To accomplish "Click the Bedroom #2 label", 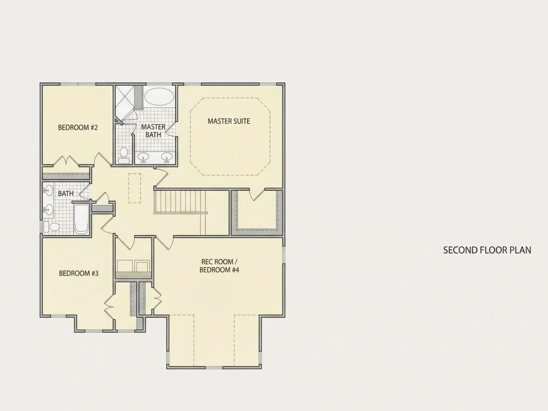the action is (78, 128).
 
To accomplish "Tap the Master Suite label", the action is (229, 121).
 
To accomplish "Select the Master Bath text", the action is (153, 131).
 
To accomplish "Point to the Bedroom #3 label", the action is (79, 274).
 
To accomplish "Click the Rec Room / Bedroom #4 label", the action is (220, 266).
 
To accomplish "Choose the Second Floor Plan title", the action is (487, 250).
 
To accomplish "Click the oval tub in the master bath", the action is (159, 96).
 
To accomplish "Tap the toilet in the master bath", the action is (124, 156).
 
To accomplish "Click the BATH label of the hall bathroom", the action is (66, 193).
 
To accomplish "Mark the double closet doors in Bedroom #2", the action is (65, 161).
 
